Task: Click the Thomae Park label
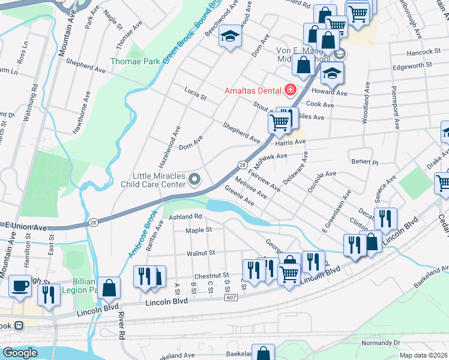pos(134,61)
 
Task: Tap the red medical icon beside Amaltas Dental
pos(291,91)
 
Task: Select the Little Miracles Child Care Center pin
pos(194,179)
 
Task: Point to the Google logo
pos(20,353)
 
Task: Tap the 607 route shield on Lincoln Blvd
pos(232,298)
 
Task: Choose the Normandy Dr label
pos(381,343)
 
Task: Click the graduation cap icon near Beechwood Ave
pos(229,37)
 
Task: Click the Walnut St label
pos(200,254)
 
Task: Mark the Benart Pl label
pos(365,163)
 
